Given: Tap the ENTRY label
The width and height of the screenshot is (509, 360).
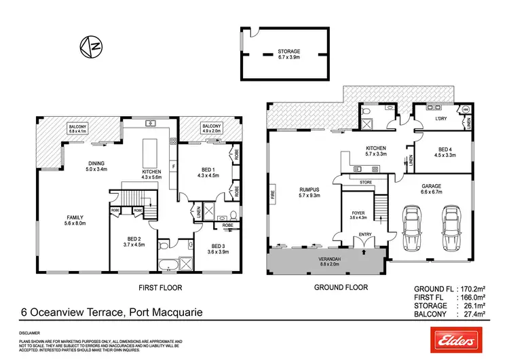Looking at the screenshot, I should pyautogui.click(x=365, y=234).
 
